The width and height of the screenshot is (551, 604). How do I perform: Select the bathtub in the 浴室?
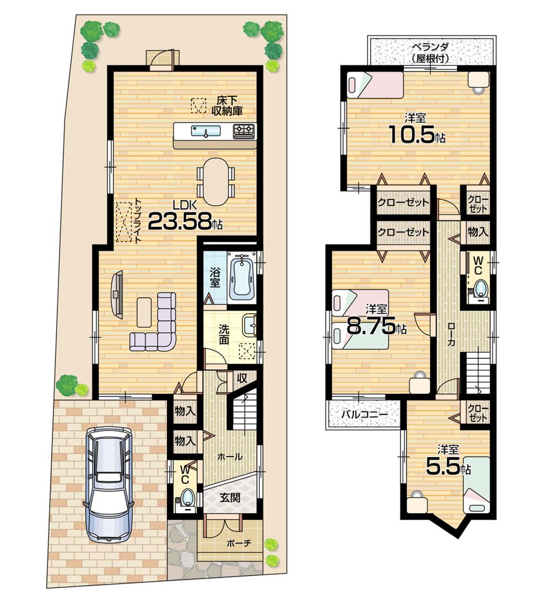(241, 277)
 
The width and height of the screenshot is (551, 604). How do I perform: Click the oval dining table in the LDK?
(215, 182)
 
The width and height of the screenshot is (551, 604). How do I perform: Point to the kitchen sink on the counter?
(206, 131)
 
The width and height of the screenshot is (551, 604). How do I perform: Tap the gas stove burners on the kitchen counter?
(244, 130)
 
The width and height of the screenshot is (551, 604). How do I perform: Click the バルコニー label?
(363, 415)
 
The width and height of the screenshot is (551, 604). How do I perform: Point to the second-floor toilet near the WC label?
(481, 290)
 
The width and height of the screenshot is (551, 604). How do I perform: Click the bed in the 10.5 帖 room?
(375, 85)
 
